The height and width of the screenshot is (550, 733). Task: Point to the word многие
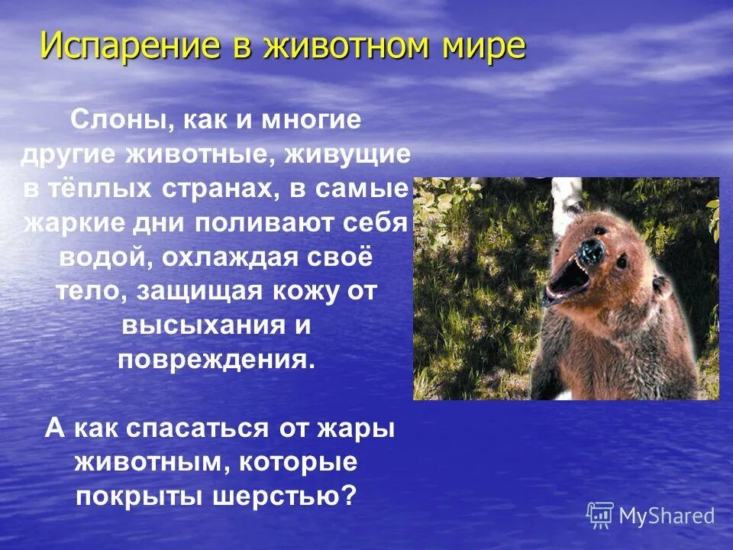(310, 121)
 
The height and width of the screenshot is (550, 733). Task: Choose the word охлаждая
(227, 258)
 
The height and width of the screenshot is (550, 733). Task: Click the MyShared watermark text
(666, 516)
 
